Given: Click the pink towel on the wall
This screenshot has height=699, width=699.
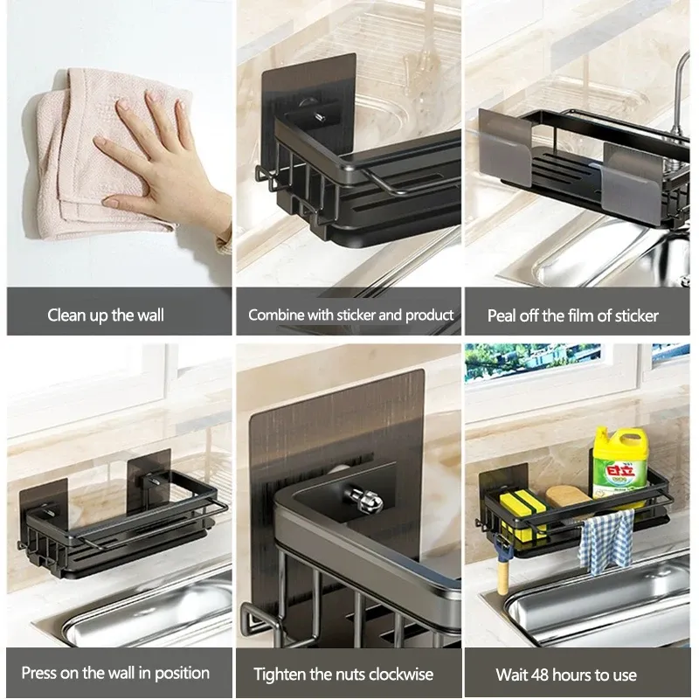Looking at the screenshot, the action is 89,151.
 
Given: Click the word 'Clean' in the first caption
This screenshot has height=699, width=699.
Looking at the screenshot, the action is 67,315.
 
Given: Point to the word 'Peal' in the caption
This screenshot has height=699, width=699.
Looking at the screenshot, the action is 502,316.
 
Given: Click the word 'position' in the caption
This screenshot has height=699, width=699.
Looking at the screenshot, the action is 182,673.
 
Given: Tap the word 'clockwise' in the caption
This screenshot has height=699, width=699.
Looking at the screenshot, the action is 401,674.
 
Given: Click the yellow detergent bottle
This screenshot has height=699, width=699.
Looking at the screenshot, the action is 619,464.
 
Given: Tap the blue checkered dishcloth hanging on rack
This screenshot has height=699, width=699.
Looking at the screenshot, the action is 606,542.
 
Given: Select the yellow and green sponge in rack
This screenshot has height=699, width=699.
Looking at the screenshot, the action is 523,513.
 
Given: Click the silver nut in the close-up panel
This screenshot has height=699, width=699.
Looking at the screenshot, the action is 363,498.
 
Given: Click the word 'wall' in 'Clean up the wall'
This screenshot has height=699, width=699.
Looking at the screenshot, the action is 150,315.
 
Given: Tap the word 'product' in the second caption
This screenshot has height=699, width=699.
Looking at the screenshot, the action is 429,315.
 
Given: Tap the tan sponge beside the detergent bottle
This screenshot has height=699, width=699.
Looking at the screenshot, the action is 569,497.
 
